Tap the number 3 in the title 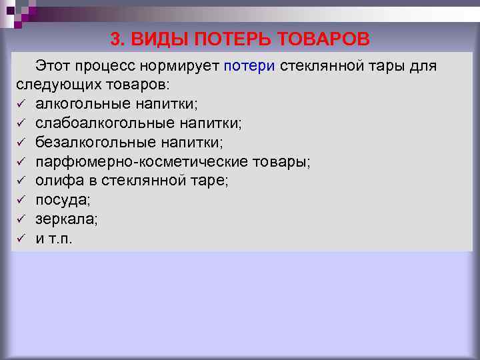pos(115,40)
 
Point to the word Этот pos(55,67)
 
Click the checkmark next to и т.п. pos(21,238)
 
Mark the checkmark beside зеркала pos(21,219)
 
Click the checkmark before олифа pos(21,181)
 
